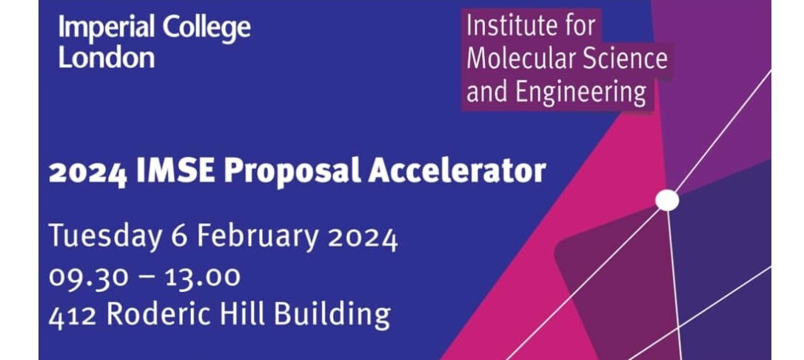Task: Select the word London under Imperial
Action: (106, 57)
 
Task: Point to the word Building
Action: (332, 314)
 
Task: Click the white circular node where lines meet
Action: (667, 200)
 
